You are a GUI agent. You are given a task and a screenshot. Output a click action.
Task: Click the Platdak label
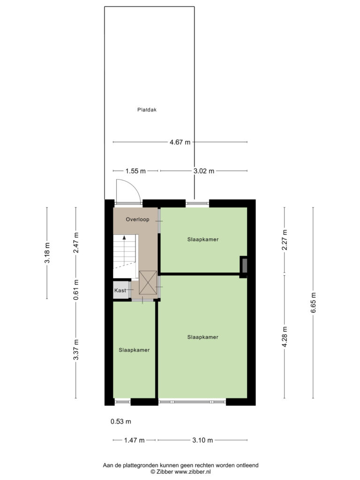pyautogui.click(x=147, y=110)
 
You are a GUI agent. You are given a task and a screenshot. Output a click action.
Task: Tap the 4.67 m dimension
pyautogui.click(x=180, y=142)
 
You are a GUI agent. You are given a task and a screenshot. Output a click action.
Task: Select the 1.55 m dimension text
pyautogui.click(x=135, y=171)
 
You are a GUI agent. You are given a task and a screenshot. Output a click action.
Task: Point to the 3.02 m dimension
pyautogui.click(x=204, y=171)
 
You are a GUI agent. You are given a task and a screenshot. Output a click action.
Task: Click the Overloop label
pyautogui.click(x=137, y=219)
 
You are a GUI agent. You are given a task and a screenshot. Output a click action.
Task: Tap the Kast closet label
pyautogui.click(x=120, y=290)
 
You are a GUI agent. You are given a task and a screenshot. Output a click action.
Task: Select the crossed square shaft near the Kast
pyautogui.click(x=148, y=283)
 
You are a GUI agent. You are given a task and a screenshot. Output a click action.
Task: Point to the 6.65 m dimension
pyautogui.click(x=313, y=303)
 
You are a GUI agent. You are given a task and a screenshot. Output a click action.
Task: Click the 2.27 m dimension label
pyautogui.click(x=285, y=240)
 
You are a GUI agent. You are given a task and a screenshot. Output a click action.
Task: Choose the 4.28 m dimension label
pyautogui.click(x=285, y=337)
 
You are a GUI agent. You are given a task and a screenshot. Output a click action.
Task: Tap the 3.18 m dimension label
pyautogui.click(x=47, y=253)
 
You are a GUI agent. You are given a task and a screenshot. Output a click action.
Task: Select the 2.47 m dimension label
pyautogui.click(x=76, y=242)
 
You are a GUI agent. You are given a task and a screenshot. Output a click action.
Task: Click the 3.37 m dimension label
pyautogui.click(x=76, y=350)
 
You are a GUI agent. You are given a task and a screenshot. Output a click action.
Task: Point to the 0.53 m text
pyautogui.click(x=121, y=421)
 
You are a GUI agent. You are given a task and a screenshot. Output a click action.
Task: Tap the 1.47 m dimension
pyautogui.click(x=135, y=440)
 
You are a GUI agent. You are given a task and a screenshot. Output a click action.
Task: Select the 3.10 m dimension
pyautogui.click(x=202, y=440)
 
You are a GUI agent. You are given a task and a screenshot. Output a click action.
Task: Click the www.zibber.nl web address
pyautogui.click(x=193, y=472)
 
